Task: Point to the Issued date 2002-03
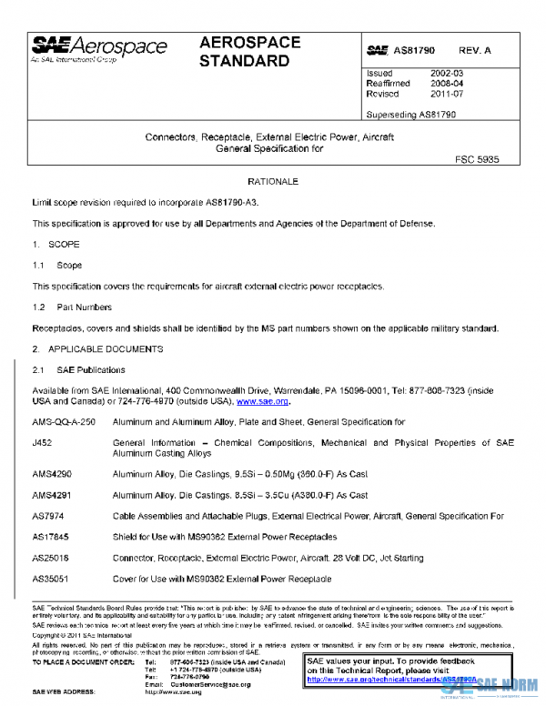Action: [445, 73]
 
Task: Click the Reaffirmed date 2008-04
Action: [445, 83]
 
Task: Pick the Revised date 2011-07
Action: [445, 93]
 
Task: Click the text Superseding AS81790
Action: [410, 115]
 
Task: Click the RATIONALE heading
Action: [273, 182]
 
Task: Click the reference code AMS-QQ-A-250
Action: [63, 422]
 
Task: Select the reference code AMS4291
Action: [51, 496]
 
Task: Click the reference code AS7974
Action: [47, 516]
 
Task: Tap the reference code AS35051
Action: [50, 578]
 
